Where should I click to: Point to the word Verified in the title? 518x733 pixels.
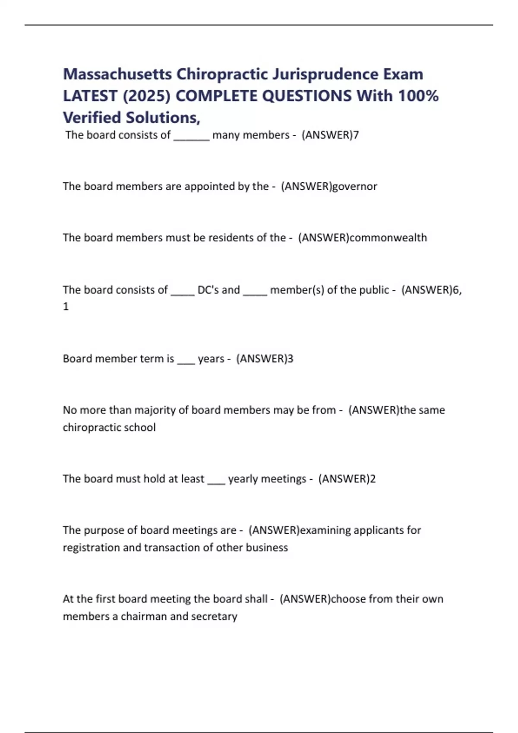(92, 117)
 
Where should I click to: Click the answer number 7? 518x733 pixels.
(356, 135)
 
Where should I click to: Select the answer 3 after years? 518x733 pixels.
(291, 359)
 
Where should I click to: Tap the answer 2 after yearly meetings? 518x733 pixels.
(373, 479)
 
